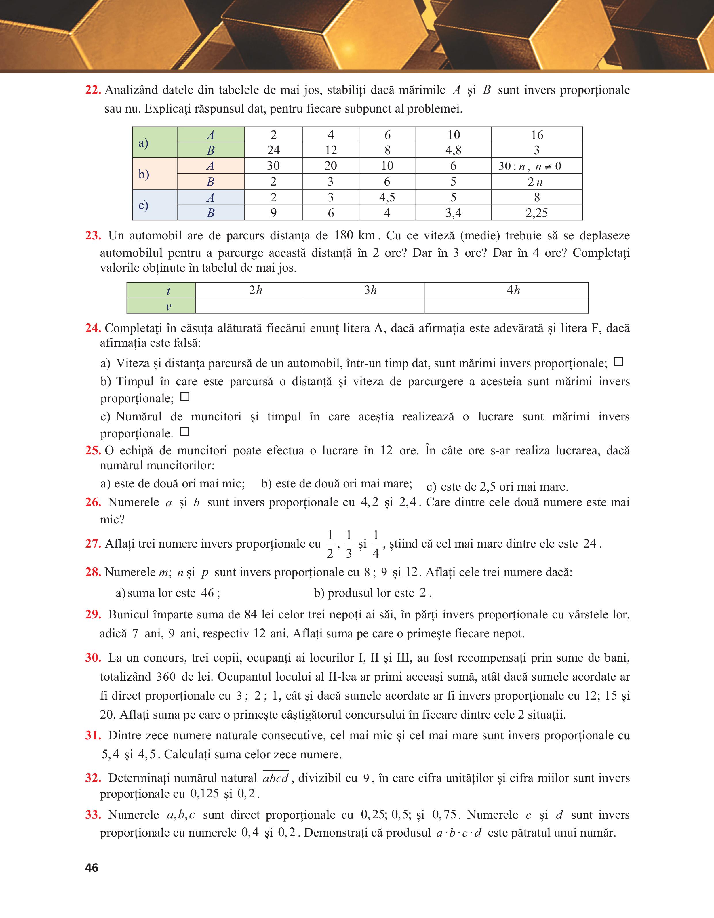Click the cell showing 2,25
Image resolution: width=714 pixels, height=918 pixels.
[x=537, y=213]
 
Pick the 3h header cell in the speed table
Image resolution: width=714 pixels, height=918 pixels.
[x=363, y=290]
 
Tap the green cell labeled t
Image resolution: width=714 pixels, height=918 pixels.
[x=161, y=290]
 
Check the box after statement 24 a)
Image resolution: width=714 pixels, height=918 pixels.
[x=618, y=362]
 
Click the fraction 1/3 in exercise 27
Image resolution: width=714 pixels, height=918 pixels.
[x=349, y=544]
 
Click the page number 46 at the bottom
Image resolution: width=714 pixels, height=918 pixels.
[x=92, y=868]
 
